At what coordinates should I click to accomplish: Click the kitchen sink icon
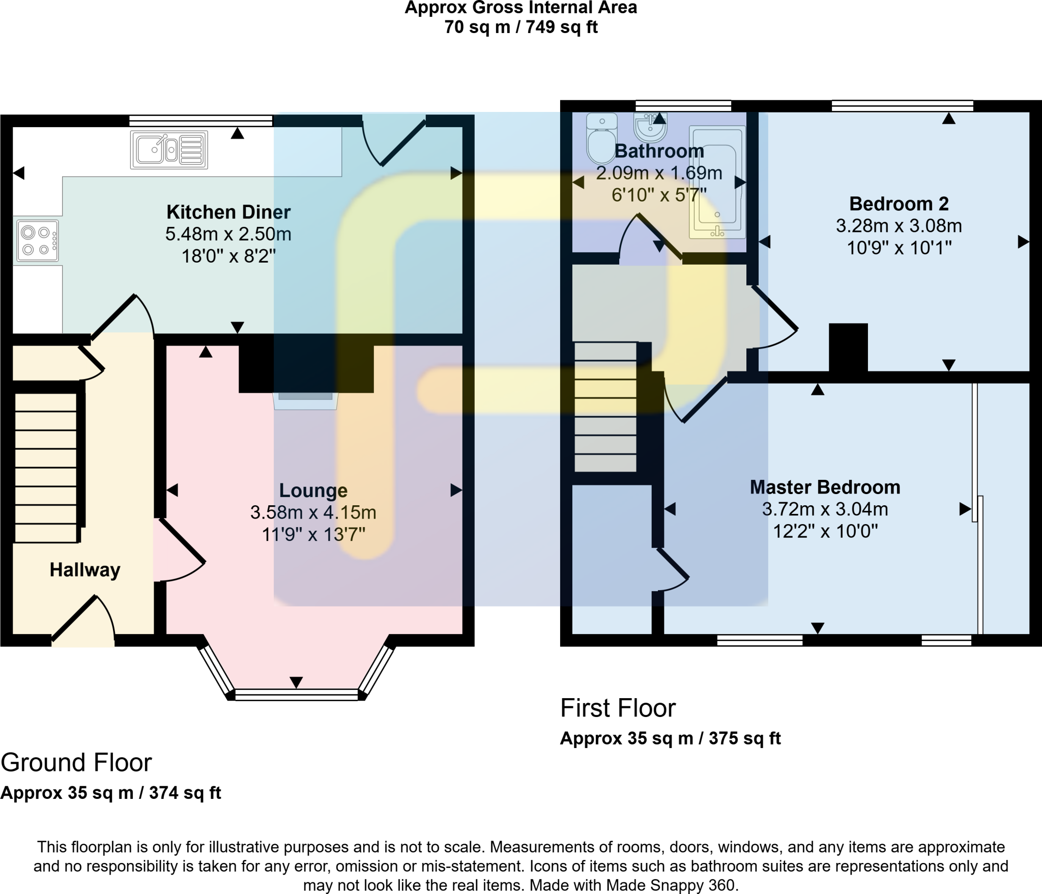coord(169,150)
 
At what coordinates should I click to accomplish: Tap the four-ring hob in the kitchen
coord(38,241)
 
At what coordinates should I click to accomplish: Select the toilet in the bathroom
coord(601,138)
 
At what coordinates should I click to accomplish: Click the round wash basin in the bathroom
coord(650,128)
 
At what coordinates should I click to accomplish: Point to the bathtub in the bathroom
coord(717,182)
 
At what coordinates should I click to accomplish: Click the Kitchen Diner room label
coord(228,212)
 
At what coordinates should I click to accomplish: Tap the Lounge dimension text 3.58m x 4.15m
coord(313,512)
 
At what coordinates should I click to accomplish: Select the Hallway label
coord(85,570)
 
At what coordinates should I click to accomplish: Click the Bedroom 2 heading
coord(899,204)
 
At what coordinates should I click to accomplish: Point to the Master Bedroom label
coord(825,487)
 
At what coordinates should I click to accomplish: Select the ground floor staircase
coord(46,467)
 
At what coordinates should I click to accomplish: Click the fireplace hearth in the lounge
coord(305,400)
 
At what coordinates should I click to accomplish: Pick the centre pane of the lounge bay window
coord(297,695)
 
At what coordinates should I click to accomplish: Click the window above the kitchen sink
coord(201,121)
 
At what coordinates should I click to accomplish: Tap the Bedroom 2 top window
coord(902,106)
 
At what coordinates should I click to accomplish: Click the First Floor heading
coord(618,708)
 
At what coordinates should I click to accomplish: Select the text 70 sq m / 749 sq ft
coord(520,27)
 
